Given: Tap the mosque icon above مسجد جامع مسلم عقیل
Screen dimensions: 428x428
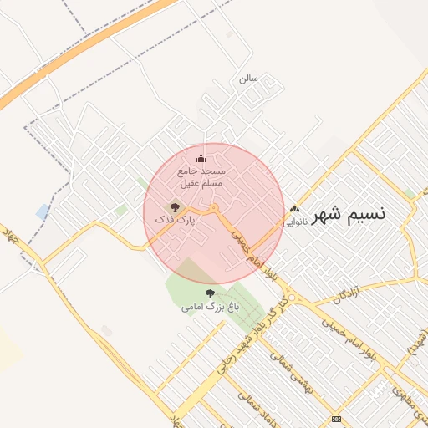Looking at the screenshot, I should coord(200,159).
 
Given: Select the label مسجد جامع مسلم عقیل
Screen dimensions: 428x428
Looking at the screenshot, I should coord(201,176).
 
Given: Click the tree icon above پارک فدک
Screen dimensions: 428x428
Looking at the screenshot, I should coord(175,206).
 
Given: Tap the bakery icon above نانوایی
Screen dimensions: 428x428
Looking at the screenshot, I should coord(293,210).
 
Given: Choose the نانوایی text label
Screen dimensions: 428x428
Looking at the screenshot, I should coord(295,222).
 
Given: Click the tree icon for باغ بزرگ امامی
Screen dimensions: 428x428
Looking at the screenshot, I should coord(210,293).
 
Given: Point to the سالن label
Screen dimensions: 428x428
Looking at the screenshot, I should coord(248,78).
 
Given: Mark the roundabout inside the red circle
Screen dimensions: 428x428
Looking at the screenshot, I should coord(214,207).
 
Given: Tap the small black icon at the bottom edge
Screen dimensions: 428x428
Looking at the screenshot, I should coord(336,418).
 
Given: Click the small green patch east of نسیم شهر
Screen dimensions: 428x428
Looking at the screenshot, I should coord(409,194).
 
